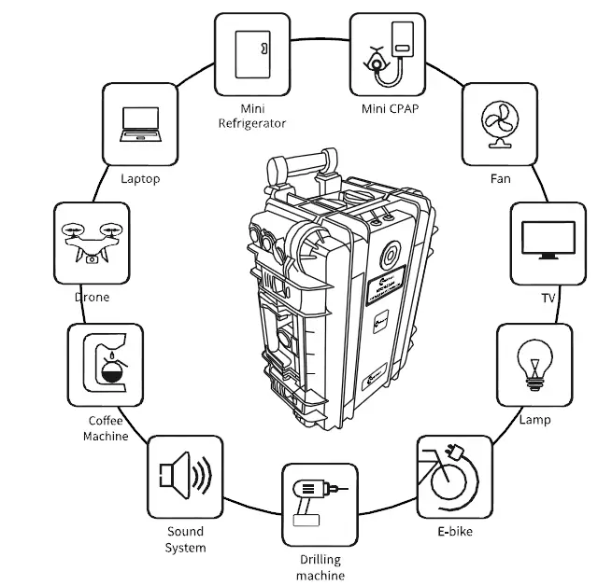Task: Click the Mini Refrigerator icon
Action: click(x=251, y=53)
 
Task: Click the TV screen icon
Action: click(x=548, y=241)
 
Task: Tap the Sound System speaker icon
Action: click(x=185, y=476)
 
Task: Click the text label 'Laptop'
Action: click(x=140, y=178)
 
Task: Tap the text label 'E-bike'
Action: click(x=453, y=532)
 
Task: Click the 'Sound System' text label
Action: click(x=185, y=539)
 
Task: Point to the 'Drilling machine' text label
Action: click(x=320, y=567)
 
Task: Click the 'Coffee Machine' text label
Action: click(x=105, y=428)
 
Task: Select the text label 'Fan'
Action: click(x=500, y=178)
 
